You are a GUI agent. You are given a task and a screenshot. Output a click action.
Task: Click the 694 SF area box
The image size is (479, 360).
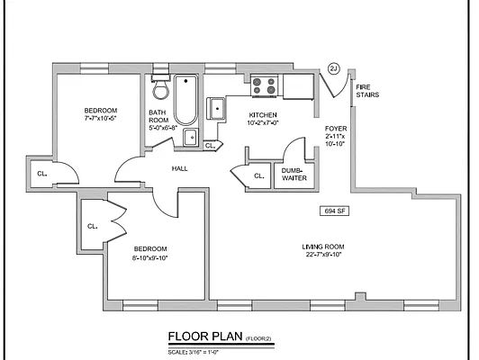[335, 211]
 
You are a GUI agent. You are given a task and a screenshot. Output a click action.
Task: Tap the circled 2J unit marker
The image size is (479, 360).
[334, 68]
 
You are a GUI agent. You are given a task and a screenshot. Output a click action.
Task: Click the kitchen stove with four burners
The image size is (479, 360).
[264, 85]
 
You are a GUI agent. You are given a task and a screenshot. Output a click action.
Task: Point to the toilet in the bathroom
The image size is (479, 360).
[160, 89]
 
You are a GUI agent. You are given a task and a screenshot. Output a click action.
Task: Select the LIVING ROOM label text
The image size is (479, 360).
[323, 247]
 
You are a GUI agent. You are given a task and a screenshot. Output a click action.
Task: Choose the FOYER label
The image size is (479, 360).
[336, 129]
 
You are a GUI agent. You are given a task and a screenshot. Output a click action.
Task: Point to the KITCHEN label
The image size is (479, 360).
[262, 115]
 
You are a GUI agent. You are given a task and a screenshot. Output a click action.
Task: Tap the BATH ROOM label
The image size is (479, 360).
[158, 116]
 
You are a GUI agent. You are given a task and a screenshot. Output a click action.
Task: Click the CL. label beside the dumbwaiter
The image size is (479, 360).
[258, 175]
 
